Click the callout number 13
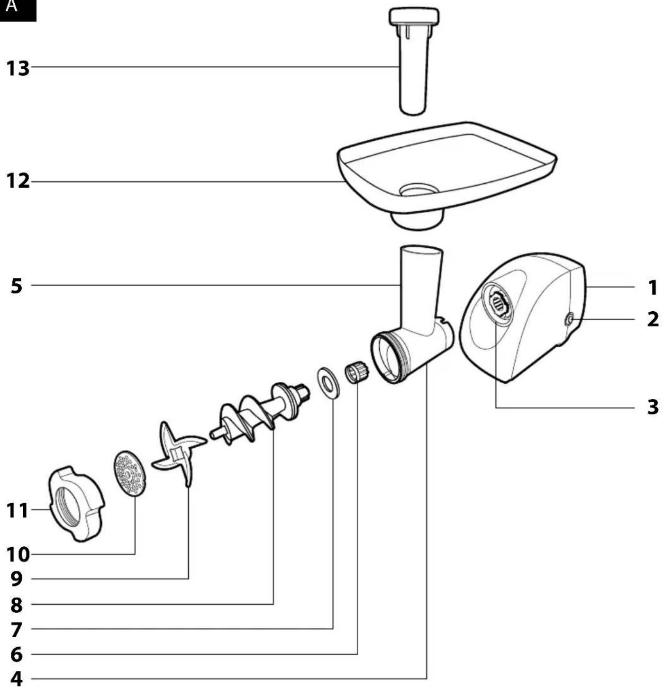point(18,68)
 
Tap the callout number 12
point(18,181)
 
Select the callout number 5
point(16,286)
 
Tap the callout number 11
point(17,510)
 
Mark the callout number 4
point(16,678)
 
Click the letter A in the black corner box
point(11,6)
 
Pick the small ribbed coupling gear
point(357,372)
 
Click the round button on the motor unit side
point(569,319)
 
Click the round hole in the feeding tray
point(419,190)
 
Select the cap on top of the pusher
point(414,17)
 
